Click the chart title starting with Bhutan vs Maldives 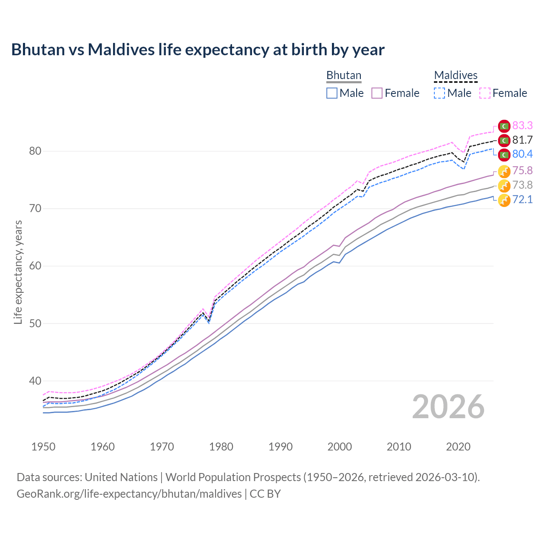[x=198, y=50]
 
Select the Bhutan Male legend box [x=332, y=93]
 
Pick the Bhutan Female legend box [x=377, y=93]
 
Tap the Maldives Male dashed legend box [x=439, y=93]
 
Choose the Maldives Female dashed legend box [x=485, y=93]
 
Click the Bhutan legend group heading [x=343, y=75]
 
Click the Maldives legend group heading [x=456, y=75]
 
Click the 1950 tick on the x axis [x=43, y=447]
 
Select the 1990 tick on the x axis [x=280, y=447]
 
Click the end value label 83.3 [x=522, y=125]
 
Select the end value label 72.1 [x=522, y=199]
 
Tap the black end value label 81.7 [x=522, y=140]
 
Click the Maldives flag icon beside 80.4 [x=504, y=154]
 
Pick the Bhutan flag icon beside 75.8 [x=504, y=172]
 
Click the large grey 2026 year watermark [x=448, y=407]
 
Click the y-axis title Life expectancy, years [x=18, y=272]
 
